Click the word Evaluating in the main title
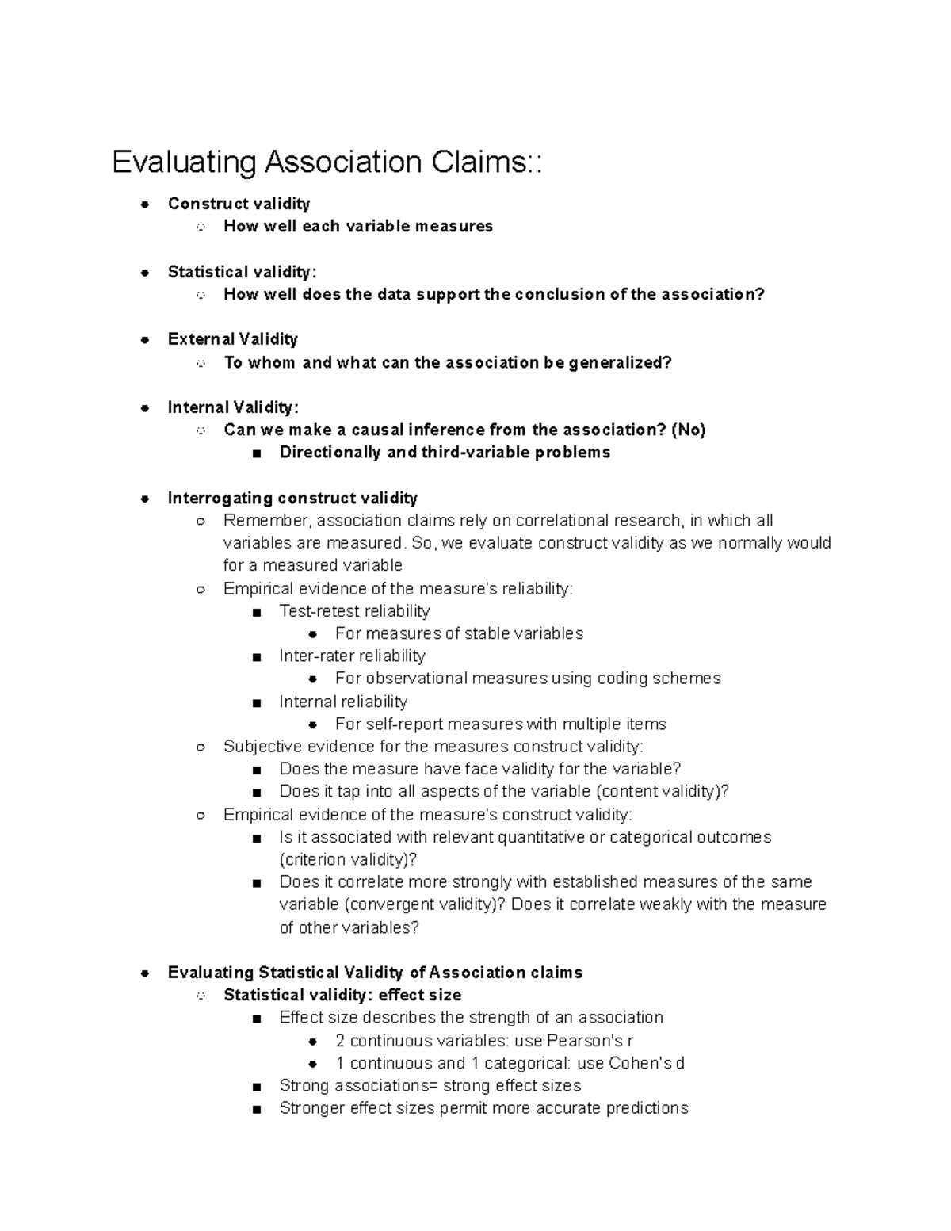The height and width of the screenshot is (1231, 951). point(184,162)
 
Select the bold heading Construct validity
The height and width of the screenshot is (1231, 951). point(239,204)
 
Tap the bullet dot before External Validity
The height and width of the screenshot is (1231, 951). point(145,340)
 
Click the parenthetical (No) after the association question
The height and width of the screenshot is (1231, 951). point(688,430)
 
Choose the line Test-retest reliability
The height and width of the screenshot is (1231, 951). point(354,611)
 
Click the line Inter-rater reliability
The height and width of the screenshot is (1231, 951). point(352,656)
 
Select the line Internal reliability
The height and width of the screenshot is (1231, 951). point(343,702)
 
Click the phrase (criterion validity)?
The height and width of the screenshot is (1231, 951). point(348,859)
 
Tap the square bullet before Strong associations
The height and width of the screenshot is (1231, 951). point(256,1087)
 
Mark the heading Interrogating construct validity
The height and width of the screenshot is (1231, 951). point(292,498)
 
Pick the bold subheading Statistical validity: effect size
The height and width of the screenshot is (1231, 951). point(342,995)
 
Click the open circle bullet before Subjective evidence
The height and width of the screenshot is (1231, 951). point(201,747)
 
